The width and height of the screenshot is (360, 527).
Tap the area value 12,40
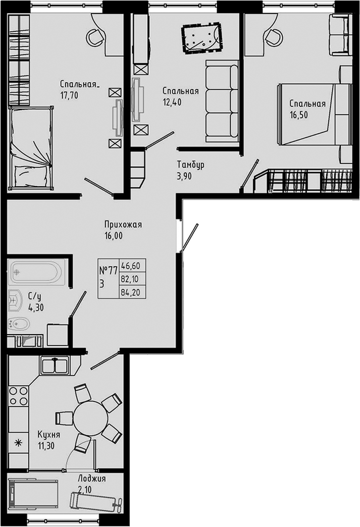(172, 101)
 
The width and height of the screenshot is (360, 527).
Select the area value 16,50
(298, 114)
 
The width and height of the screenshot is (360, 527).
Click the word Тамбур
(190, 165)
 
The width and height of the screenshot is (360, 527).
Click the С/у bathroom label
(35, 296)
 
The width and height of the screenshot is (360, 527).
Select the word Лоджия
(91, 478)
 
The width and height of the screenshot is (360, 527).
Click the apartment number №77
(108, 270)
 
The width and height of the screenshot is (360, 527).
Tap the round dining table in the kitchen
(91, 417)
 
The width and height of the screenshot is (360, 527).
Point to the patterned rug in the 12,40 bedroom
(201, 37)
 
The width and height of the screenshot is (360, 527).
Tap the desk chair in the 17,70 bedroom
(94, 35)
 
